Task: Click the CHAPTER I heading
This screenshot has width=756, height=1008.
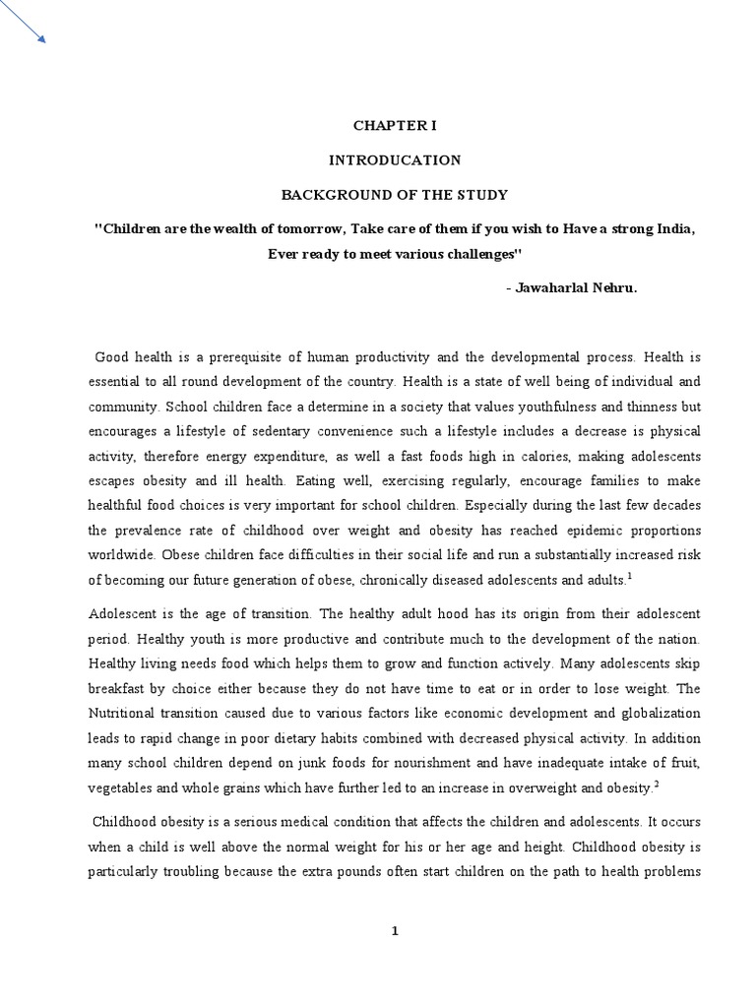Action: [394, 126]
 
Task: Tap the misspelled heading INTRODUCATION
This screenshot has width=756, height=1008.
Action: [394, 159]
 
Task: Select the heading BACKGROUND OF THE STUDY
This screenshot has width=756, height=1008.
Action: [393, 194]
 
